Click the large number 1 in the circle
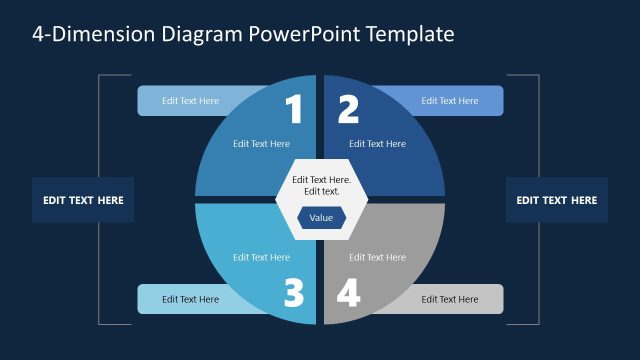pyautogui.click(x=293, y=109)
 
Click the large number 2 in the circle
pyautogui.click(x=348, y=109)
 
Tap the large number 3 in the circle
pyautogui.click(x=293, y=293)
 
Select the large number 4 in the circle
pyautogui.click(x=348, y=293)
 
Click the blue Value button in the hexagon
pyautogui.click(x=321, y=218)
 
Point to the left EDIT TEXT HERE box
pyautogui.click(x=83, y=200)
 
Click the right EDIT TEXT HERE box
pyautogui.click(x=556, y=200)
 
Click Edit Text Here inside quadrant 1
pyautogui.click(x=261, y=143)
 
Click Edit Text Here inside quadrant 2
pyautogui.click(x=377, y=143)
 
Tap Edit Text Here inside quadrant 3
pyautogui.click(x=261, y=257)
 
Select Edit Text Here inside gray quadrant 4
pyautogui.click(x=377, y=257)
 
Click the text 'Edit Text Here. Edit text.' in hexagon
pyautogui.click(x=321, y=185)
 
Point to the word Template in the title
pyautogui.click(x=410, y=34)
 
